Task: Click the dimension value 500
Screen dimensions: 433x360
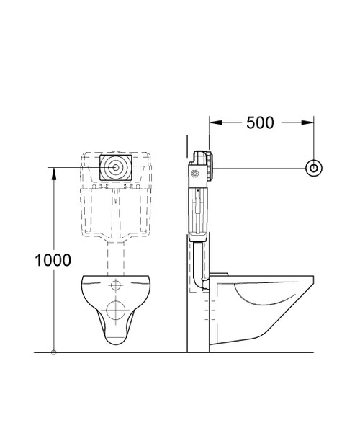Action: click(x=260, y=122)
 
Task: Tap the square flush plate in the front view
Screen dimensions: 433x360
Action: click(x=116, y=167)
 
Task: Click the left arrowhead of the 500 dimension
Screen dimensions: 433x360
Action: click(x=214, y=122)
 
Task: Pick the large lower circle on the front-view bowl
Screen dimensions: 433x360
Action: click(x=116, y=311)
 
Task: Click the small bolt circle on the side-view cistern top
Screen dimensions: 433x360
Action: click(x=194, y=173)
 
